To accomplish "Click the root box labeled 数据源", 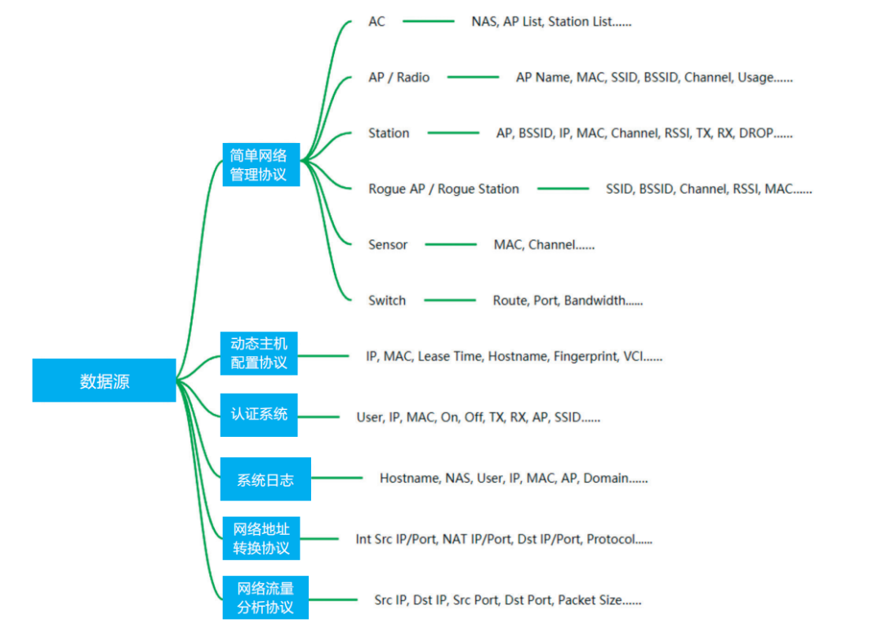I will click(104, 381).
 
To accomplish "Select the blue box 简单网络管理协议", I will click(261, 164).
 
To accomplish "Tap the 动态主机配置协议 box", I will click(259, 353).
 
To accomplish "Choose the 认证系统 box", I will click(259, 414).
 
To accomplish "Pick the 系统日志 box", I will click(265, 479).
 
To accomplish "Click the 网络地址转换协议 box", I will click(261, 538).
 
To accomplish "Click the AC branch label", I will click(376, 22).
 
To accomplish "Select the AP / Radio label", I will click(399, 78).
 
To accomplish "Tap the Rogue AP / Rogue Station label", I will click(443, 189).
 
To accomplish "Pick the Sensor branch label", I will click(387, 245).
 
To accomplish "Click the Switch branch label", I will click(386, 301).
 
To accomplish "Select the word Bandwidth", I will click(595, 301).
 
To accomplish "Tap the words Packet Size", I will click(590, 600).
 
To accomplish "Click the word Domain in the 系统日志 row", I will click(605, 479).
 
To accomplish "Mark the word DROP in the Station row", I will click(755, 133).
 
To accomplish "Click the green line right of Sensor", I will click(450, 244).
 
